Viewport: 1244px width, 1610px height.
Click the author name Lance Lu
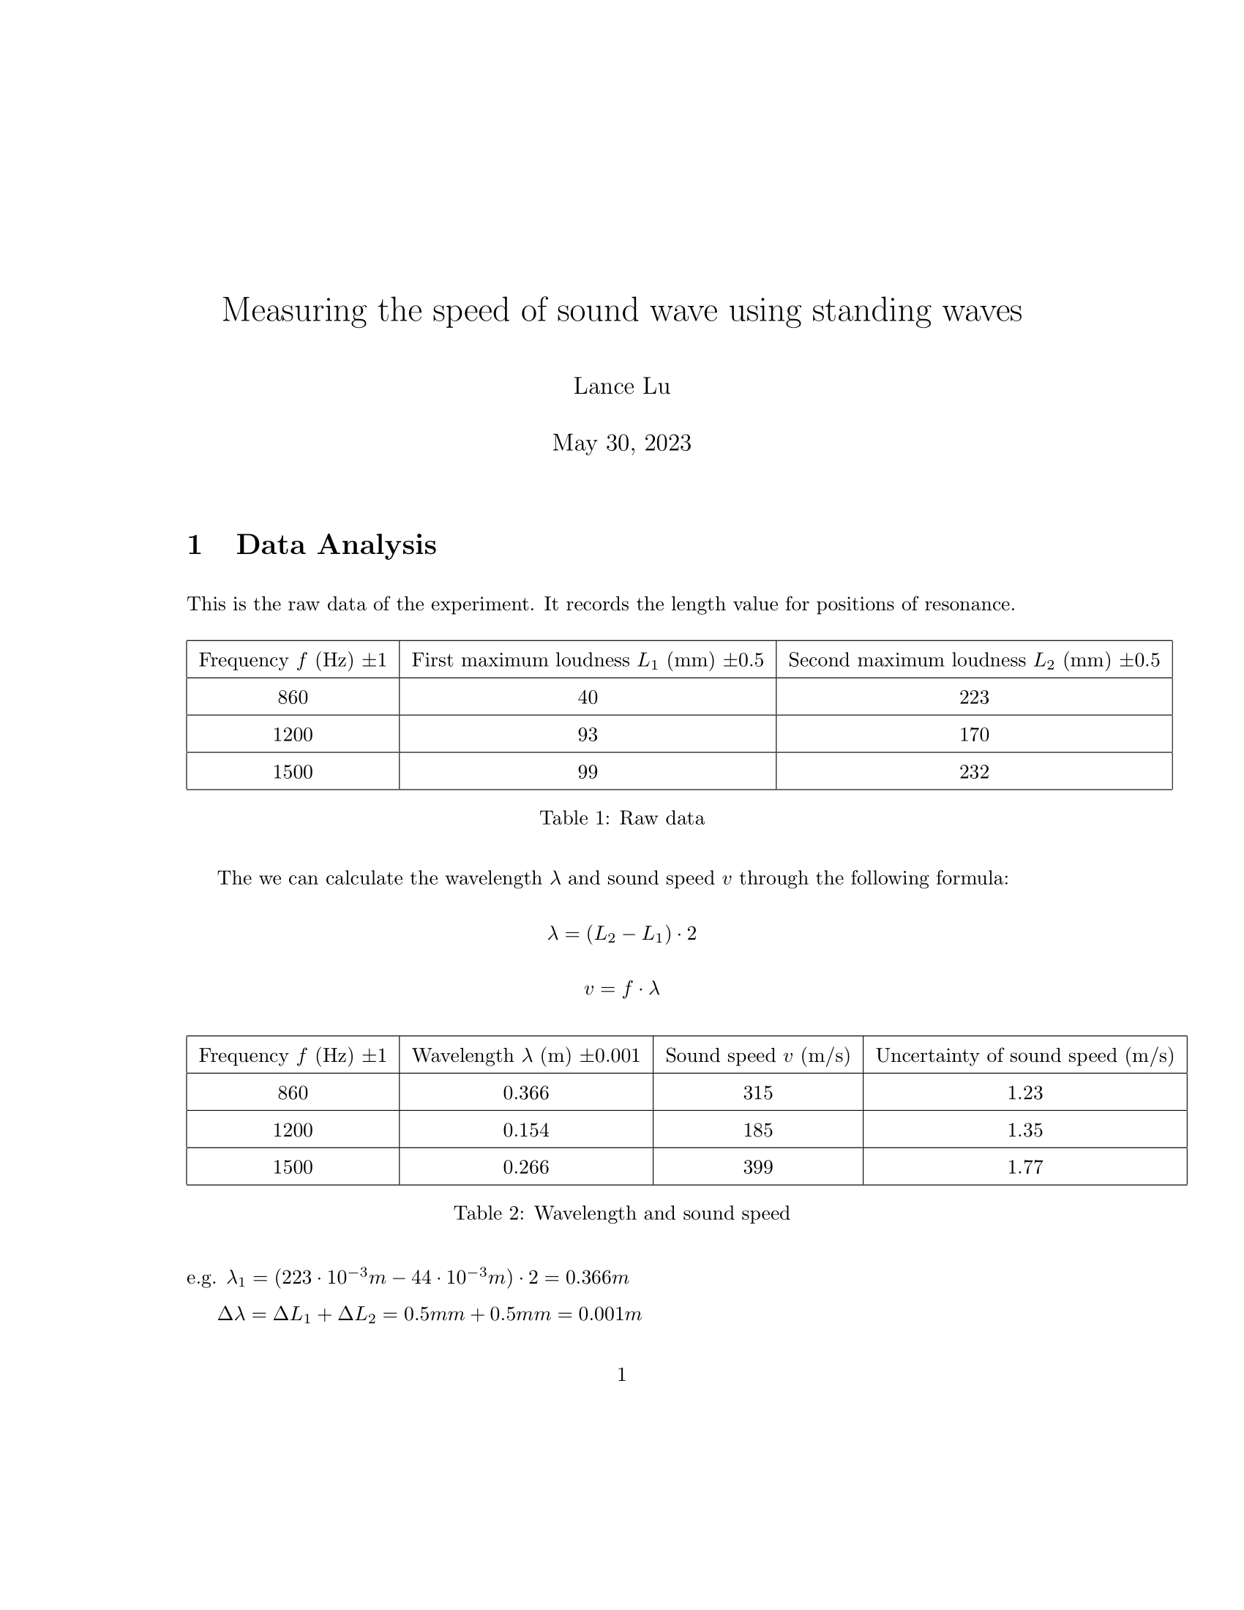621,386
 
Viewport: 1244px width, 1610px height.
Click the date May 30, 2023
621,443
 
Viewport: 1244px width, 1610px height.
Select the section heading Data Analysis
336,544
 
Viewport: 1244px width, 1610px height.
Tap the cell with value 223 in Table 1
973,697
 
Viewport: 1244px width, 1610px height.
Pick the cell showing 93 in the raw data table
588,734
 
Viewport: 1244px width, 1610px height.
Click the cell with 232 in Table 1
973,772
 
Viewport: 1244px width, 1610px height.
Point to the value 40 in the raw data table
588,697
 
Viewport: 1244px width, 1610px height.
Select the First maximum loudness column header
588,660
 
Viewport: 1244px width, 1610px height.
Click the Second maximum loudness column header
973,660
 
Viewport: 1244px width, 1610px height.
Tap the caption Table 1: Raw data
621,818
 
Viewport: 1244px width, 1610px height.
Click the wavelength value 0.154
525,1130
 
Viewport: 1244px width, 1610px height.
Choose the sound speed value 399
757,1167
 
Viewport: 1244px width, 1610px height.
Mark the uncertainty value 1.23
1024,1093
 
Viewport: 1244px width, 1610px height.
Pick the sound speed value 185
757,1130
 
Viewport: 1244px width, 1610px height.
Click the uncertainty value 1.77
1024,1167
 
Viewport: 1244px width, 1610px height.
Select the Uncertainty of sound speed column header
1024,1055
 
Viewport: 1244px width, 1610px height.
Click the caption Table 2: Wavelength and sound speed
621,1213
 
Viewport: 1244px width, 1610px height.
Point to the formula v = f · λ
621,989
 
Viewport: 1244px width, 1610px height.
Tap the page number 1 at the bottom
621,1375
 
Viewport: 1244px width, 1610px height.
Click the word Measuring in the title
294,310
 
